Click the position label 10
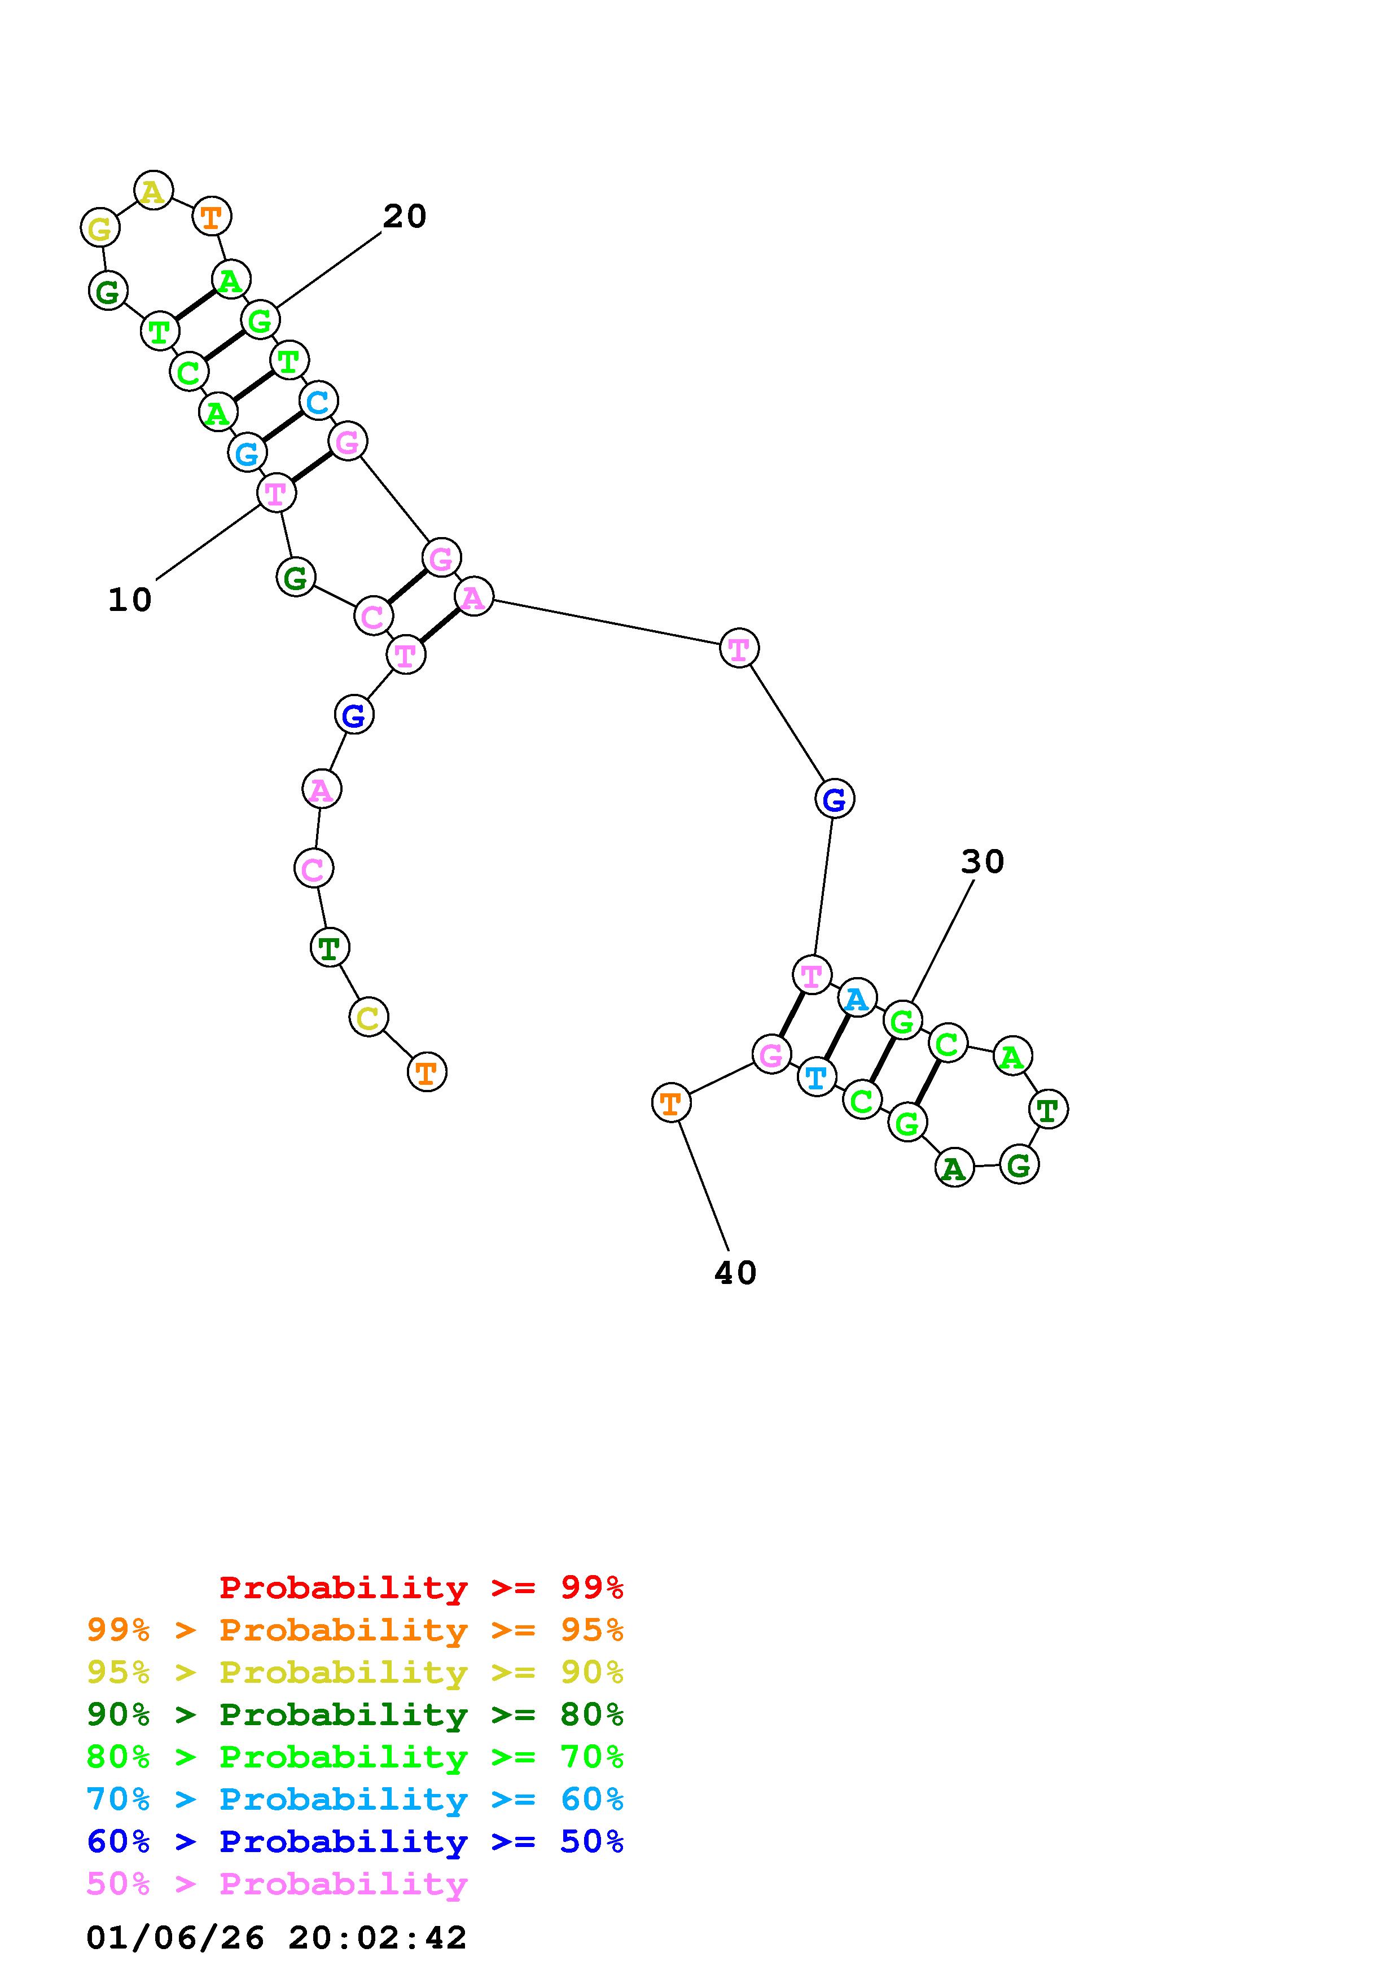[130, 600]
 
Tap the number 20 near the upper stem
[404, 216]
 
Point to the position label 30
[983, 862]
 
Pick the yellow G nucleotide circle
[100, 228]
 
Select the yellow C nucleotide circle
[368, 1018]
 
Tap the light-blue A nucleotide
[856, 998]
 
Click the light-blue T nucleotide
[815, 1076]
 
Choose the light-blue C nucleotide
[318, 401]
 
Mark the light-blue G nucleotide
[247, 452]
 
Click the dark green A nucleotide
[953, 1168]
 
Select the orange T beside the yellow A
[211, 216]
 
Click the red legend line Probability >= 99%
[422, 1587]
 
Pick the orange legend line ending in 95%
[355, 1629]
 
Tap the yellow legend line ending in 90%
[355, 1672]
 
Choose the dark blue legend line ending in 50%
[355, 1841]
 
